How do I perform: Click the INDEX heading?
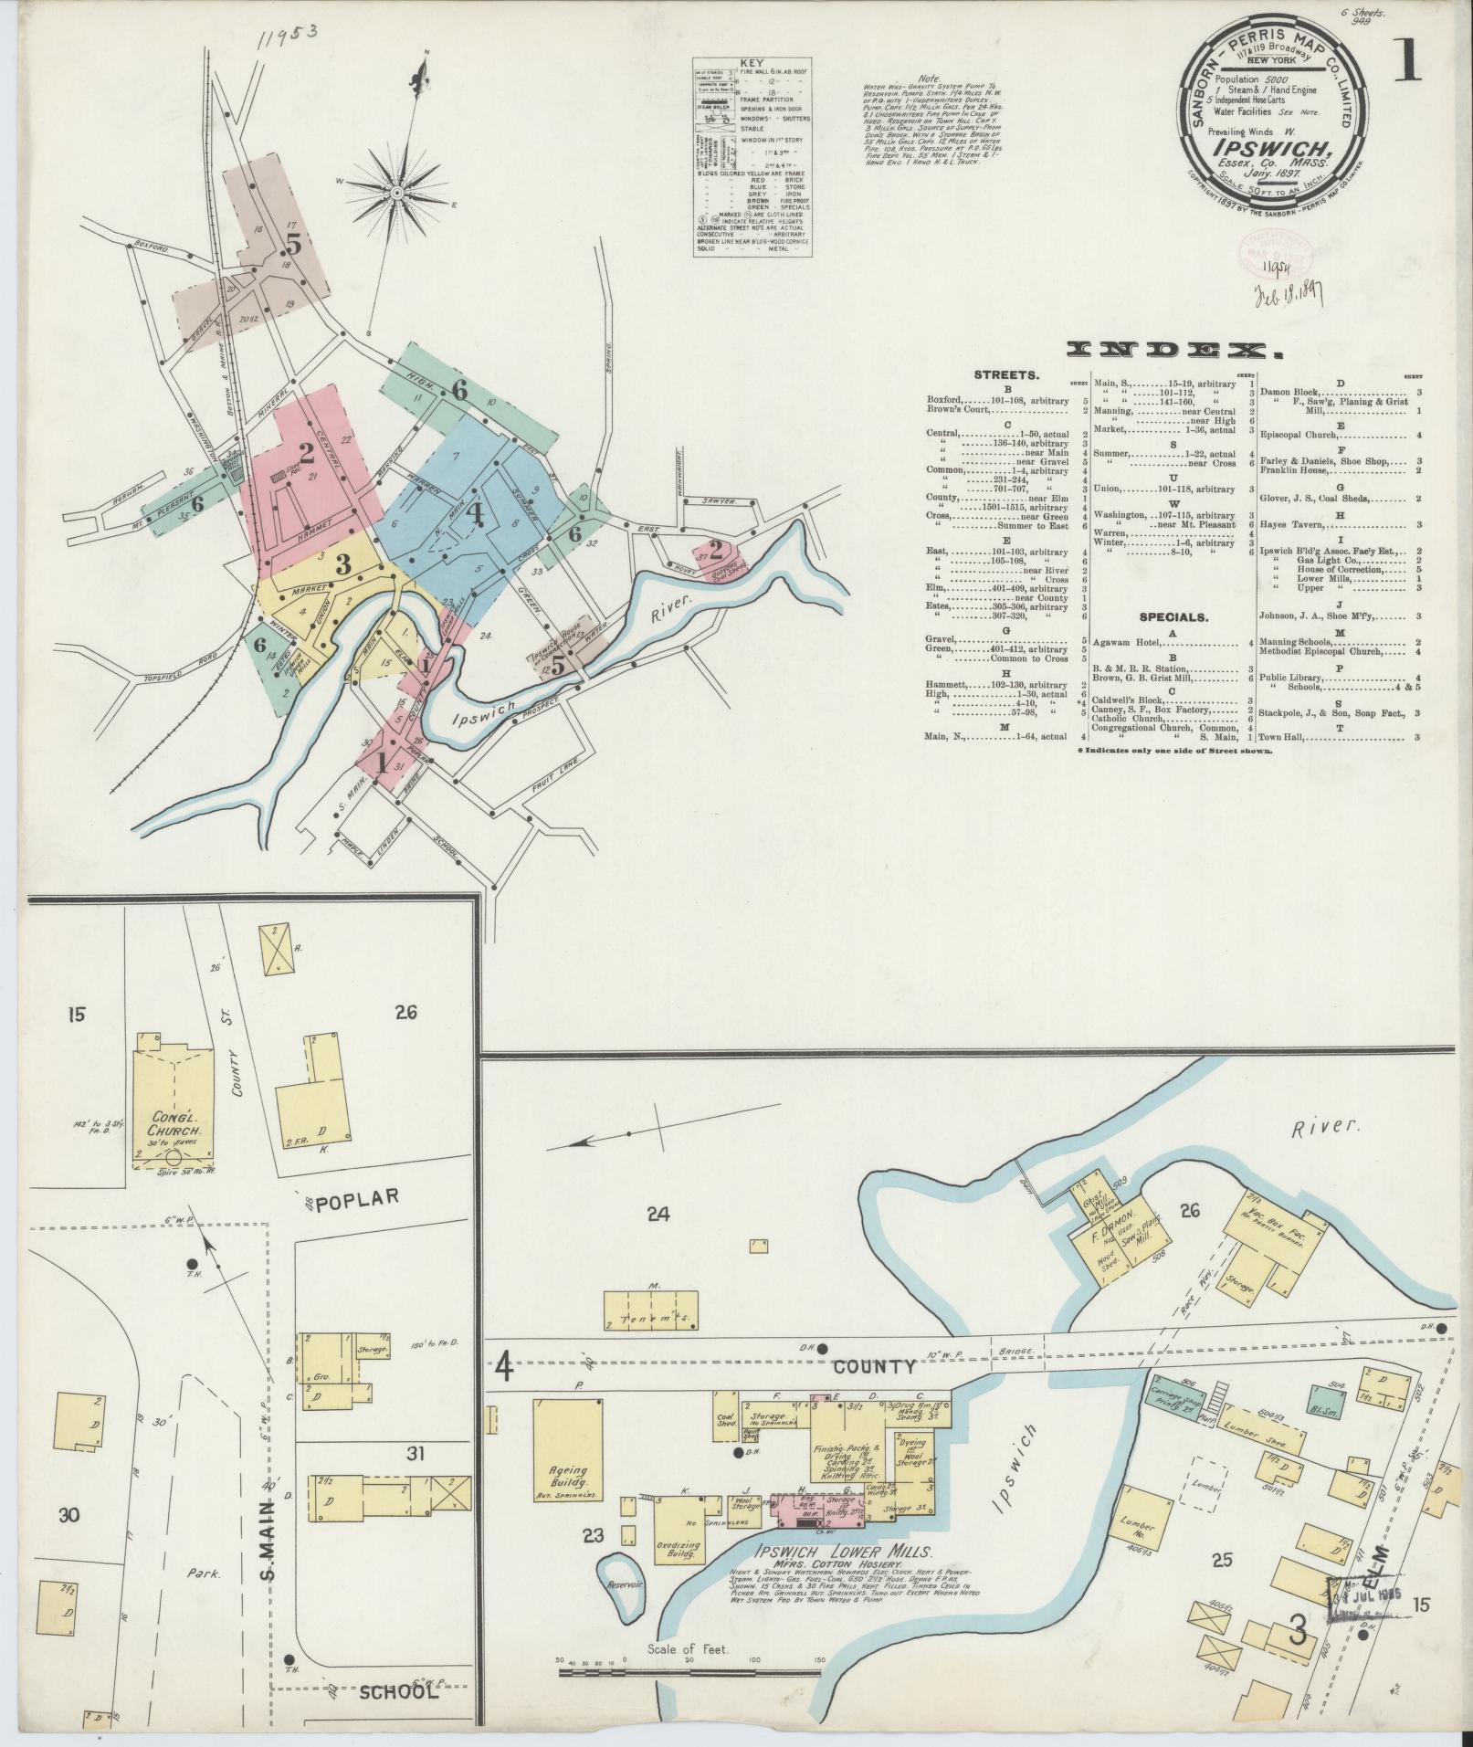pos(1170,350)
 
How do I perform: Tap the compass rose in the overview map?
pos(398,193)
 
